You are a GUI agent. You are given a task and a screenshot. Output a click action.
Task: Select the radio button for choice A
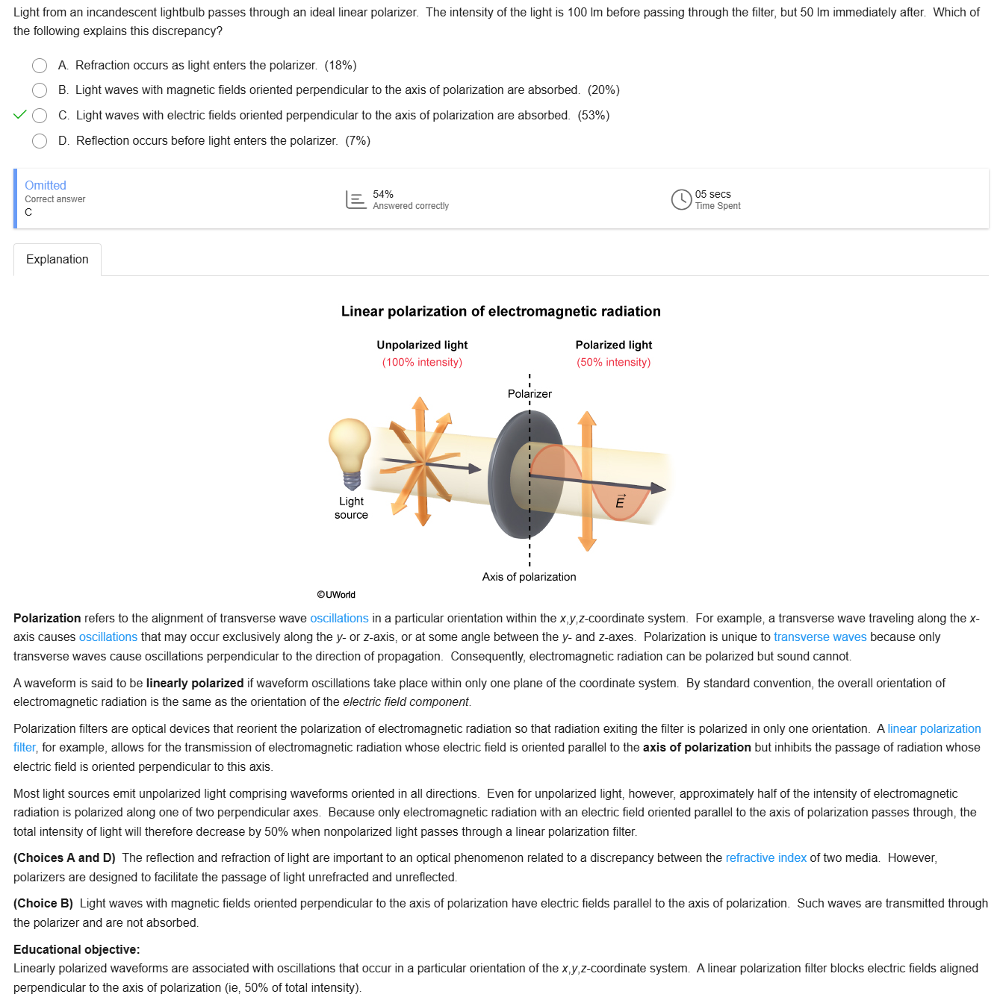(x=40, y=66)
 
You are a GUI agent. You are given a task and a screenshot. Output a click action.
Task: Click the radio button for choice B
(x=40, y=90)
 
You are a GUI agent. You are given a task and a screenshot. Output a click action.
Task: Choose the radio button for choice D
(x=40, y=141)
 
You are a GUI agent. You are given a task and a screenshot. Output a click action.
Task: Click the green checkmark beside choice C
(x=20, y=115)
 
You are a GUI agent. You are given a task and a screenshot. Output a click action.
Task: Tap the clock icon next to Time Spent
(x=681, y=199)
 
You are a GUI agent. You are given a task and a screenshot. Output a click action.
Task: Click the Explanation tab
(x=58, y=260)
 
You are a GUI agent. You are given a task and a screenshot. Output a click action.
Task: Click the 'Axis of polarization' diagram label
(x=529, y=577)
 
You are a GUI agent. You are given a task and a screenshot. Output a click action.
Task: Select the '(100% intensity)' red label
(x=422, y=363)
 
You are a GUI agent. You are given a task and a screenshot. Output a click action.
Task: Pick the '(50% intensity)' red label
(x=613, y=363)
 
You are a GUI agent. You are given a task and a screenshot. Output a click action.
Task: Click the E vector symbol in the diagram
(x=620, y=501)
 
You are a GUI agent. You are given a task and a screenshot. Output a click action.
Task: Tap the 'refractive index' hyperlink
(x=766, y=858)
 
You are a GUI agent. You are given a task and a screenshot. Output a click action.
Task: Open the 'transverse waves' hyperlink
(x=819, y=637)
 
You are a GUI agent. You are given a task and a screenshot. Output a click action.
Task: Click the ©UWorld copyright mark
(x=336, y=595)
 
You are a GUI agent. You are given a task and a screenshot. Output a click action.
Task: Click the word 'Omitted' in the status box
(x=46, y=185)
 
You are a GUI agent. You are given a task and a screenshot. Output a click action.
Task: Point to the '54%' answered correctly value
(x=383, y=194)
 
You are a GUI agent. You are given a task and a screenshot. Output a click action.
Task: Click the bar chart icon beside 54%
(x=355, y=199)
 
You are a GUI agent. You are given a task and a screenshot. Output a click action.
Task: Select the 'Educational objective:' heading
(x=77, y=949)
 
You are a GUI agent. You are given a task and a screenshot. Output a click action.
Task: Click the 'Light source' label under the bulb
(x=351, y=508)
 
